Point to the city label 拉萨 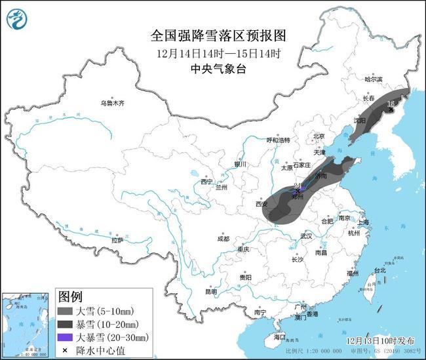point(117,241)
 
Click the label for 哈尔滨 point(372,79)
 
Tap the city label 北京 point(319,136)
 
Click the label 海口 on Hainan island point(281,337)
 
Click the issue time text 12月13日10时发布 point(381,341)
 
